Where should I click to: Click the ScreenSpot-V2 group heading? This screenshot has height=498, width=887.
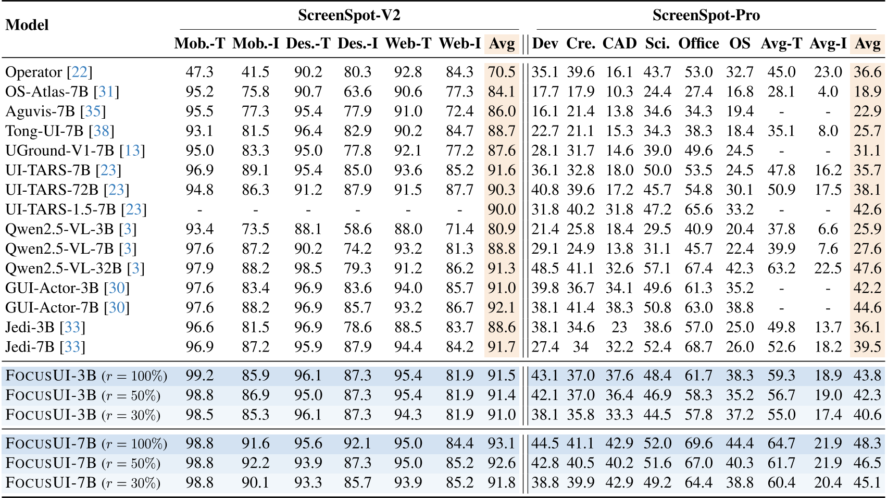click(x=349, y=15)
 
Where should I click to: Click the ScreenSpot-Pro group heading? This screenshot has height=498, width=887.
click(x=706, y=15)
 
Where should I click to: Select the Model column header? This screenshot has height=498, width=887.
click(x=27, y=25)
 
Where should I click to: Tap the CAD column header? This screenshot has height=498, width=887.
click(x=619, y=43)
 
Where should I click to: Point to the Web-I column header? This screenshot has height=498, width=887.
click(x=459, y=43)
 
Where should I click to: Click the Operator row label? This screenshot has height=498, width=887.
click(x=33, y=72)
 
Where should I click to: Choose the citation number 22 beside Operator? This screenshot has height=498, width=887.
click(x=80, y=72)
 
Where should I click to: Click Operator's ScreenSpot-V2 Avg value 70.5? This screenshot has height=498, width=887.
click(x=501, y=72)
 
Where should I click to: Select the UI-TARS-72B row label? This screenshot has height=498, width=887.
click(x=52, y=190)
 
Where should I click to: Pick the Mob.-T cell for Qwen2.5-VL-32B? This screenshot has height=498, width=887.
click(x=199, y=268)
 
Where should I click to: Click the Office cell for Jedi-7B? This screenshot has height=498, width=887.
click(x=698, y=347)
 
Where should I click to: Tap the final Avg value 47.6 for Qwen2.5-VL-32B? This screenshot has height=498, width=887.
click(x=867, y=268)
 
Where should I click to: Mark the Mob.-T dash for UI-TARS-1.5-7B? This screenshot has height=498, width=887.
click(x=199, y=210)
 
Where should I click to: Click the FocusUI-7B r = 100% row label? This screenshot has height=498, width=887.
click(x=86, y=444)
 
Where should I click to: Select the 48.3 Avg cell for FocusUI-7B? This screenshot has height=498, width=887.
click(x=867, y=444)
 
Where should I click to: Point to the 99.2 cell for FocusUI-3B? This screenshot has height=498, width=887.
click(x=199, y=376)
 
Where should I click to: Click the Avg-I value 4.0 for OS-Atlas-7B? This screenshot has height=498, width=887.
click(x=828, y=92)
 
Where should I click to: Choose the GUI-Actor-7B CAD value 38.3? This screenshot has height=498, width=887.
click(x=619, y=308)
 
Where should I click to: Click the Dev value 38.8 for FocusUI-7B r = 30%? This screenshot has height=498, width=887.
click(x=545, y=483)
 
